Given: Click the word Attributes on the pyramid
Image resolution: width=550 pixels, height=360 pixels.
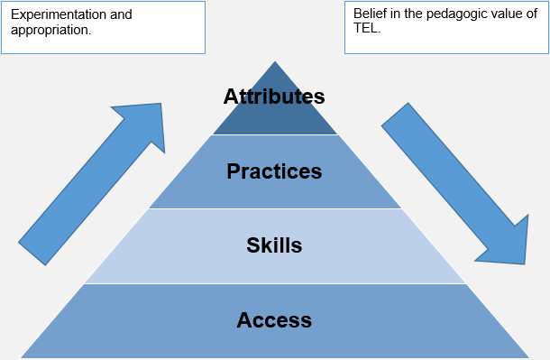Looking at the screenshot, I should coord(274,97).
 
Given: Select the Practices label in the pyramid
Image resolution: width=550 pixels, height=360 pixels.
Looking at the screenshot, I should coord(274,171).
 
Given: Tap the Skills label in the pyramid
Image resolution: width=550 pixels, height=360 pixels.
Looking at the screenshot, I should coord(274,245).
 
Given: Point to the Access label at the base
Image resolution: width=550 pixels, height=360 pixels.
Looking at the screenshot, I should coord(274,319).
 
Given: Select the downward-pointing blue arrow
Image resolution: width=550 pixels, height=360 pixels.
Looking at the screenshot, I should coord(455,185).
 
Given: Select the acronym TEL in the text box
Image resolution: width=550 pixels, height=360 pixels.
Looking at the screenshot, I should coord(365,29).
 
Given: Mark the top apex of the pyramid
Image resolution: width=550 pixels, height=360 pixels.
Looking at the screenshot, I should coord(274,63).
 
